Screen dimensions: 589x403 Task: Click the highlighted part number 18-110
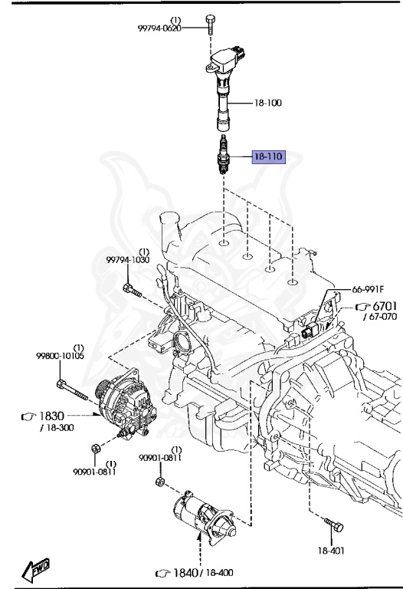click(269, 157)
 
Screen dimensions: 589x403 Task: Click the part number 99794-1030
click(128, 261)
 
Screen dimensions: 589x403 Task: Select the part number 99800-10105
click(60, 356)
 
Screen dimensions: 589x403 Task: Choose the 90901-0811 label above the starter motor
click(160, 458)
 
